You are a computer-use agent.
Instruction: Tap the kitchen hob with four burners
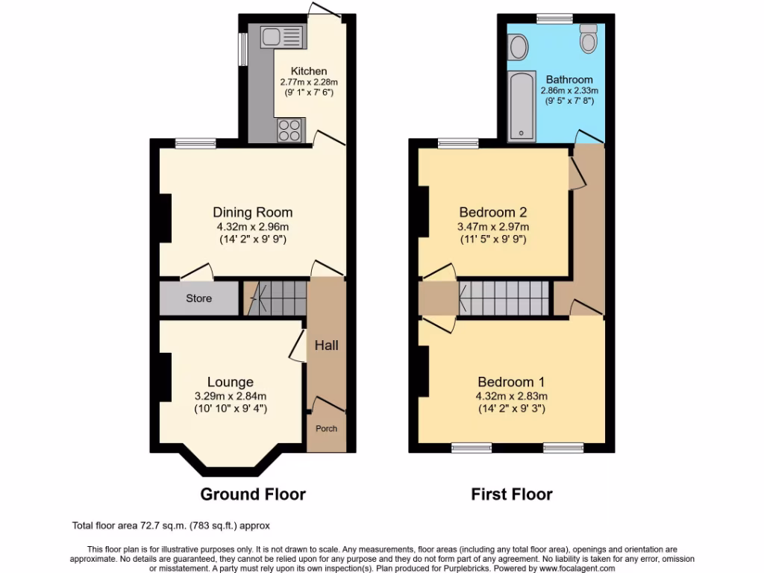click(290, 131)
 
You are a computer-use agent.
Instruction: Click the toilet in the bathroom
click(589, 38)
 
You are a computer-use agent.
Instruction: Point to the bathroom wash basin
click(517, 48)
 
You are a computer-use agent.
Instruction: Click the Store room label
click(198, 298)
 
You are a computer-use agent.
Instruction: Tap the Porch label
click(326, 428)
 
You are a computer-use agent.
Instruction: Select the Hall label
click(326, 345)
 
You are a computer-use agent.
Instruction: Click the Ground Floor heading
click(253, 494)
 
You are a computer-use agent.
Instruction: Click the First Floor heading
click(512, 494)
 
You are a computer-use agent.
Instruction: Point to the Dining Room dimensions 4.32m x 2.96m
click(252, 228)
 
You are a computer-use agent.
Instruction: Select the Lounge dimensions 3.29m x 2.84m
click(231, 396)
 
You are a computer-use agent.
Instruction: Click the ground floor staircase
click(276, 298)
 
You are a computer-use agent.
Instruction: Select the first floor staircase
click(504, 298)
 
